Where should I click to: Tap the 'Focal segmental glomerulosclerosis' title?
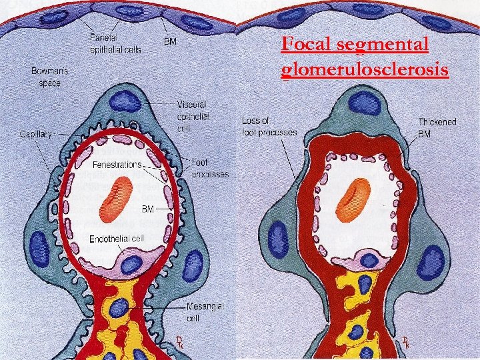pos(364,57)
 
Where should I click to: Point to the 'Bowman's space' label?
pos(49,77)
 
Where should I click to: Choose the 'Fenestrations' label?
pos(117,164)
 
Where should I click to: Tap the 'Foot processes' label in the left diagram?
pos(210,167)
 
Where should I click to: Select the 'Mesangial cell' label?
pos(205,312)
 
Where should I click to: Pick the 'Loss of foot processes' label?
pos(269,126)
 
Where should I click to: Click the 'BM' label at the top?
pos(171,41)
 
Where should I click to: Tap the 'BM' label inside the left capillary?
pos(147,209)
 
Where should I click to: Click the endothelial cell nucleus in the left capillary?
pos(132,263)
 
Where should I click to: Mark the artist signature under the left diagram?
pos(179,343)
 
